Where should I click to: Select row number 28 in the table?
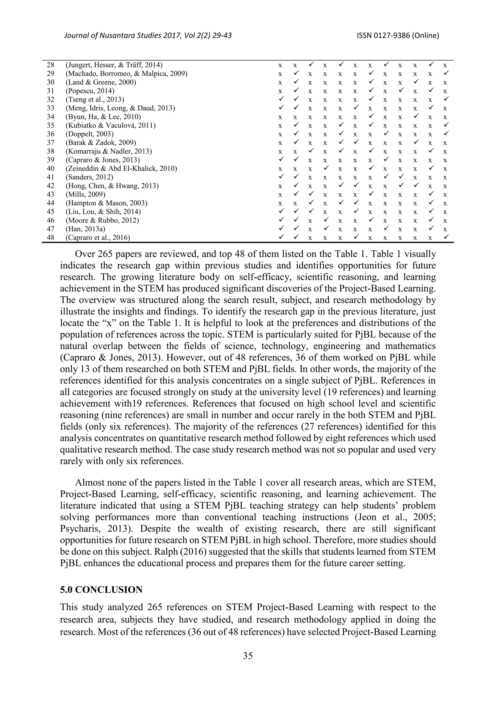tap(50, 65)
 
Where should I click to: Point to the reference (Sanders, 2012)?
tap(89, 177)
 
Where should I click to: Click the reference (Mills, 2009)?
tap(85, 194)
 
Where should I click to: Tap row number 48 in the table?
tap(50, 237)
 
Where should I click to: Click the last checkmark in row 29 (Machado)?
tap(446, 73)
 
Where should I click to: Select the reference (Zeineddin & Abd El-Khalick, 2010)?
tap(121, 168)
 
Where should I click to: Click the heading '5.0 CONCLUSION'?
tap(101, 590)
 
